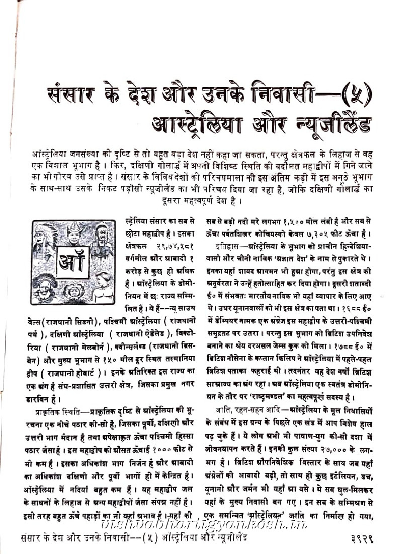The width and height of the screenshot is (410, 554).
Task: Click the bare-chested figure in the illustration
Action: coord(104,288)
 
